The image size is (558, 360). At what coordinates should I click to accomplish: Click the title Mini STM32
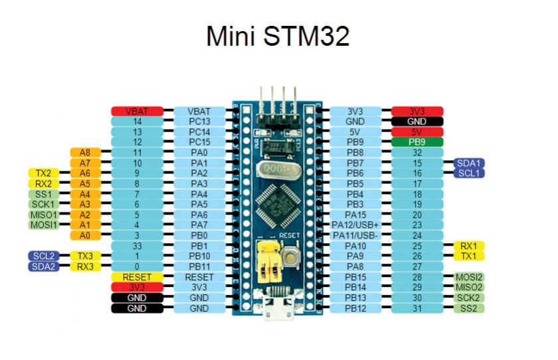pos(278,37)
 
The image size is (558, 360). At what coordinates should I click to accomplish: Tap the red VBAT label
pos(137,112)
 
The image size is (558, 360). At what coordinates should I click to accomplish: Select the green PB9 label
pos(417,142)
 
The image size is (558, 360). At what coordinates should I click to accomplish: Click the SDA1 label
pos(470,163)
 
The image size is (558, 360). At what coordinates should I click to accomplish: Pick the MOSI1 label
pos(44,225)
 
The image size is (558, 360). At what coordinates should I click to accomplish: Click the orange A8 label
pos(85,153)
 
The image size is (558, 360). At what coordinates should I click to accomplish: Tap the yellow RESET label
pos(137,276)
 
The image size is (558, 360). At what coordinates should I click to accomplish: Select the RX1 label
pos(468,246)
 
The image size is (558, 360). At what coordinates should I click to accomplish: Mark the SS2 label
pos(468,308)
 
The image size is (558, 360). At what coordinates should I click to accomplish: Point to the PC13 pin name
pos(199,122)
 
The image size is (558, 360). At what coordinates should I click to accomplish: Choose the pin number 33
pos(137,246)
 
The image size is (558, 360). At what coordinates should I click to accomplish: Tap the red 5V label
pos(417,132)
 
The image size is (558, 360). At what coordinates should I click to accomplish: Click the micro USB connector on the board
pos(277,306)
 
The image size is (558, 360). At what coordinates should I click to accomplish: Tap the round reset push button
pos(291,255)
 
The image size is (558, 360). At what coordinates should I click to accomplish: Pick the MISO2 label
pos(468,287)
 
